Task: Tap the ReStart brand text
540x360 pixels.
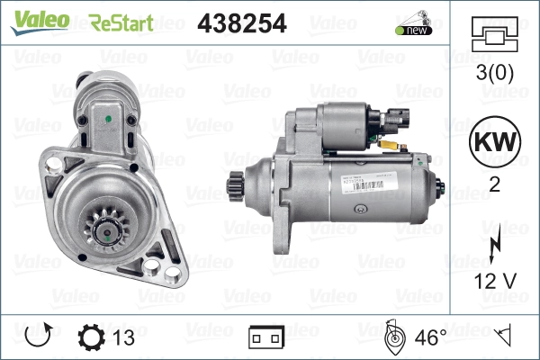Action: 121,22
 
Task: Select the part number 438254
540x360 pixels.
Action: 241,22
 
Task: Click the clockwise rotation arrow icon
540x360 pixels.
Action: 37,338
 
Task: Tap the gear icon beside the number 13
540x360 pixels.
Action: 92,338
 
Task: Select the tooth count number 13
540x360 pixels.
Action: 124,338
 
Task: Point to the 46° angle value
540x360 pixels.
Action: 430,338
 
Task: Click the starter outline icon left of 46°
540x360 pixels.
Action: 394,337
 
